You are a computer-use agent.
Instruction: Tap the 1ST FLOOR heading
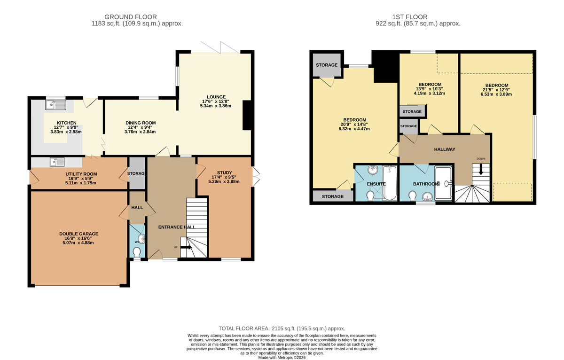[x=409, y=17]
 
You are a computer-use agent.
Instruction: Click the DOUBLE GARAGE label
[x=78, y=234]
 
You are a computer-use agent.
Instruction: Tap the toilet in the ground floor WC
[x=137, y=253]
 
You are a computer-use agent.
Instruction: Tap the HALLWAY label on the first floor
[x=444, y=149]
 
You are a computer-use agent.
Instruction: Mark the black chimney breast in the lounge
[x=248, y=116]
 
